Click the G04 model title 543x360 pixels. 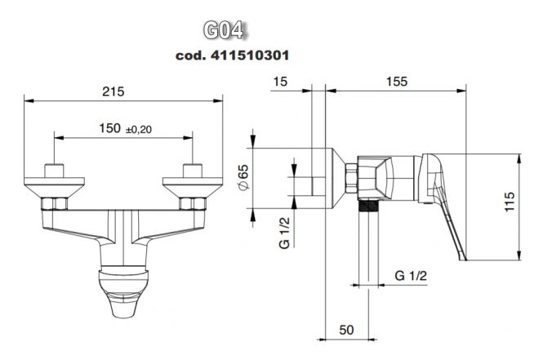[x=224, y=31]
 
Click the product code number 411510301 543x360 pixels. [x=250, y=56]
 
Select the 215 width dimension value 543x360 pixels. [x=113, y=91]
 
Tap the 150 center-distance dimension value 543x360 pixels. [x=109, y=128]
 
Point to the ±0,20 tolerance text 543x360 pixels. [x=139, y=130]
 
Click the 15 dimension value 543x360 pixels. [x=280, y=82]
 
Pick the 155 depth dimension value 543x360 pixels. [x=397, y=82]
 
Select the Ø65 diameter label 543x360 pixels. [x=243, y=177]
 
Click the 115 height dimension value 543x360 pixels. [x=510, y=202]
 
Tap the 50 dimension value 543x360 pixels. [x=347, y=330]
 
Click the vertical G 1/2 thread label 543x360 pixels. [x=284, y=233]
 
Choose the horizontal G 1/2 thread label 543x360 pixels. [x=411, y=276]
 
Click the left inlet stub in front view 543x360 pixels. [x=54, y=171]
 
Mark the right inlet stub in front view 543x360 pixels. [x=193, y=171]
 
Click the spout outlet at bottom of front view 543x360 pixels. [x=123, y=305]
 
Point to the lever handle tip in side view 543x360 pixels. [x=463, y=258]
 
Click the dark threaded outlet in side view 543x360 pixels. [x=367, y=206]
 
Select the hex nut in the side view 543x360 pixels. [x=351, y=179]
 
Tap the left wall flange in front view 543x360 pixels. [x=55, y=188]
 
